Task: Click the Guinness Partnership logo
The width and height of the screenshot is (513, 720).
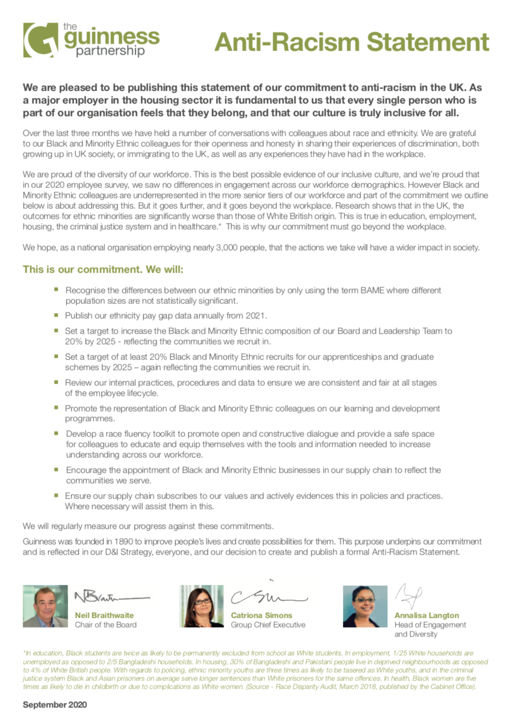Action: tap(91, 40)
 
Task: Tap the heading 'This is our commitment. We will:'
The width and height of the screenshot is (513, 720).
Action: tap(103, 270)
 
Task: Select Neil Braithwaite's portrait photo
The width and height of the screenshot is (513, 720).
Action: tap(45, 606)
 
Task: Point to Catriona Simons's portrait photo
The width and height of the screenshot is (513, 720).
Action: tap(202, 606)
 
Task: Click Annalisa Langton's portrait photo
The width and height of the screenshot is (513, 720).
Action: tap(365, 606)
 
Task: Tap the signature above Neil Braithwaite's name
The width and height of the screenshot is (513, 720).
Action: tap(110, 596)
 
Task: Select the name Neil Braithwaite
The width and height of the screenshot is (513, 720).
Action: tap(104, 616)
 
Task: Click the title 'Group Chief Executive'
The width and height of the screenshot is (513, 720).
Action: tap(268, 625)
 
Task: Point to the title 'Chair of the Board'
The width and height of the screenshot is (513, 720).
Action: tap(106, 625)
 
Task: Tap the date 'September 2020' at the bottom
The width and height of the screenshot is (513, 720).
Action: tap(55, 705)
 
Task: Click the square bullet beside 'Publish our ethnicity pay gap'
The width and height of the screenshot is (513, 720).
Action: tap(56, 315)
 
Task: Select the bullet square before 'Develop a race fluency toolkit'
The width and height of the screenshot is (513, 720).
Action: tap(56, 433)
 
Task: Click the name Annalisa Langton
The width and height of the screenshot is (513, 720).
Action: tap(427, 616)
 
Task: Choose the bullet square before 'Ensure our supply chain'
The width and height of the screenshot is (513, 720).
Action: tap(56, 495)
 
